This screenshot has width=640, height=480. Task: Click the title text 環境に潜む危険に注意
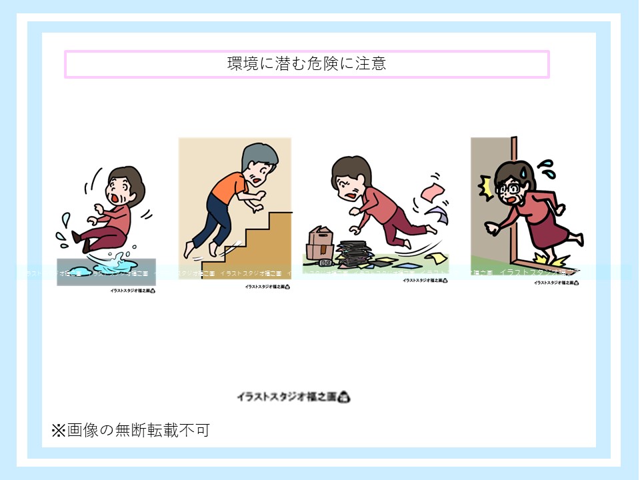(x=307, y=65)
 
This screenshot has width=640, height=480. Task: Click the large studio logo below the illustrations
(x=293, y=397)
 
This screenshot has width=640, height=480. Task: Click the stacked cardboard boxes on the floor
(x=321, y=240)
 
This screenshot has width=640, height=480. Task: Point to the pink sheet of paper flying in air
(x=431, y=193)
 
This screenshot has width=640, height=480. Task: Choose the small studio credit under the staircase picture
(x=266, y=287)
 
